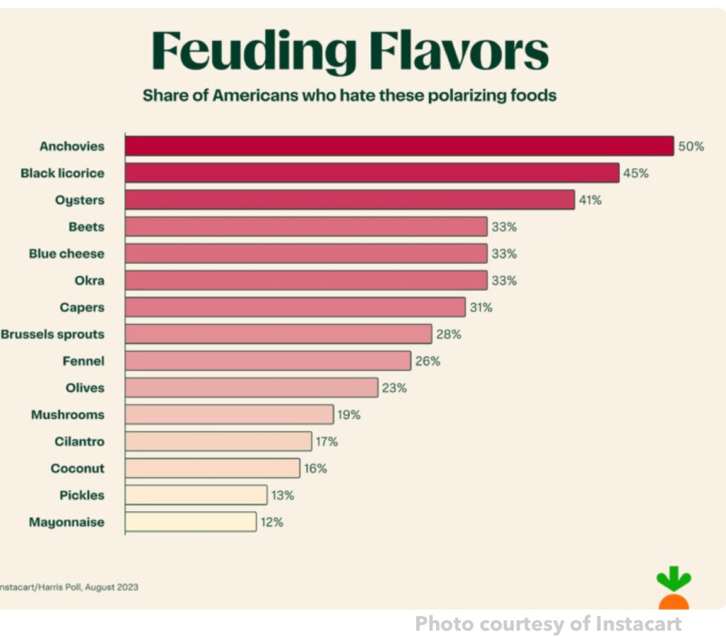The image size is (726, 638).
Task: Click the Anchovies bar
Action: (399, 146)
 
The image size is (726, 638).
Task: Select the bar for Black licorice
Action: (372, 173)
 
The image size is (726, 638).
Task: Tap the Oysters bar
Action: (350, 200)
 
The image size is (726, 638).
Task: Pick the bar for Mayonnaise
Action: (191, 522)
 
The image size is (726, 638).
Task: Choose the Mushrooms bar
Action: (229, 415)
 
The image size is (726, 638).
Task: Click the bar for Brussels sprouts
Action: (279, 334)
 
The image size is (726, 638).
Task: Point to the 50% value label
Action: (691, 146)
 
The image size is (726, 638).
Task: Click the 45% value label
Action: (635, 173)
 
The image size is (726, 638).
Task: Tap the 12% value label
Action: (271, 522)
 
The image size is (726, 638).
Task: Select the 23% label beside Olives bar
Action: (393, 388)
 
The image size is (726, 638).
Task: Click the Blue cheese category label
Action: (67, 254)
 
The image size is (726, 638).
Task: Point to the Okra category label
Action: (89, 281)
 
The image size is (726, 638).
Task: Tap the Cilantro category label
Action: (79, 442)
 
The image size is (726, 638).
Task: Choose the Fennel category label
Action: (84, 361)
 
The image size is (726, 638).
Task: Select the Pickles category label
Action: (82, 496)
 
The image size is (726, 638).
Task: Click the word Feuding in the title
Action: (254, 51)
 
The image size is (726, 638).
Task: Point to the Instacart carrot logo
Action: (673, 589)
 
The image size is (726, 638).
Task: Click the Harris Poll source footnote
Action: (69, 587)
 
